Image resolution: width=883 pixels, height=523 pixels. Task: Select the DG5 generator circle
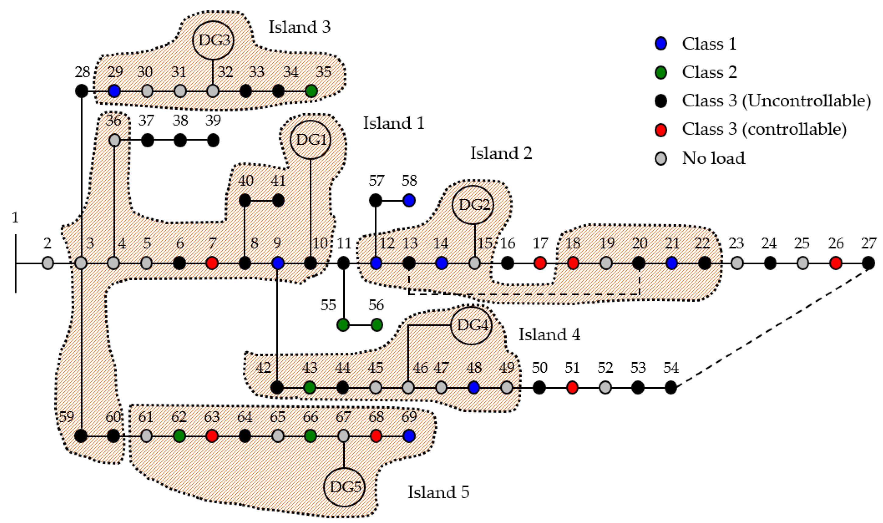[x=344, y=487]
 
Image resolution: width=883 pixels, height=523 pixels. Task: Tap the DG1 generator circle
[x=311, y=140]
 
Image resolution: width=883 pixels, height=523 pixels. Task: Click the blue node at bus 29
[x=114, y=91]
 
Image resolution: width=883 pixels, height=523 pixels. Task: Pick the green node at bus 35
[x=311, y=91]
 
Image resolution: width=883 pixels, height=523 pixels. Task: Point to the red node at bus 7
[x=212, y=263]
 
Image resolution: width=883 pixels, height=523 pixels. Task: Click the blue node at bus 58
[x=409, y=200]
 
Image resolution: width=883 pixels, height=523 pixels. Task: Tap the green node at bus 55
[x=343, y=325]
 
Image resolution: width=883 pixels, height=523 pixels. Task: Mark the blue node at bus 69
[x=409, y=436]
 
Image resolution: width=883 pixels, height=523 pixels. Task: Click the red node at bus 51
[x=572, y=388]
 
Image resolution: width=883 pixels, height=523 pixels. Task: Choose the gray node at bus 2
[x=48, y=263]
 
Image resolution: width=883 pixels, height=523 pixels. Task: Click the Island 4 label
[x=549, y=334]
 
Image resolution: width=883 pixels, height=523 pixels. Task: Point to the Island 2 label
[x=501, y=153]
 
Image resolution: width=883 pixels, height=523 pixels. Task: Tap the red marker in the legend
[x=661, y=130]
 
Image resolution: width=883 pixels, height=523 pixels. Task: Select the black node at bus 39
[x=213, y=141]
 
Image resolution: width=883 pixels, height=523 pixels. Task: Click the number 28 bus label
[x=83, y=72]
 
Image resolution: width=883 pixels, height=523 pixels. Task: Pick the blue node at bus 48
[x=474, y=388]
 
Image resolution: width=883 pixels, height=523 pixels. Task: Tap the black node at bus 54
[x=670, y=388]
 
